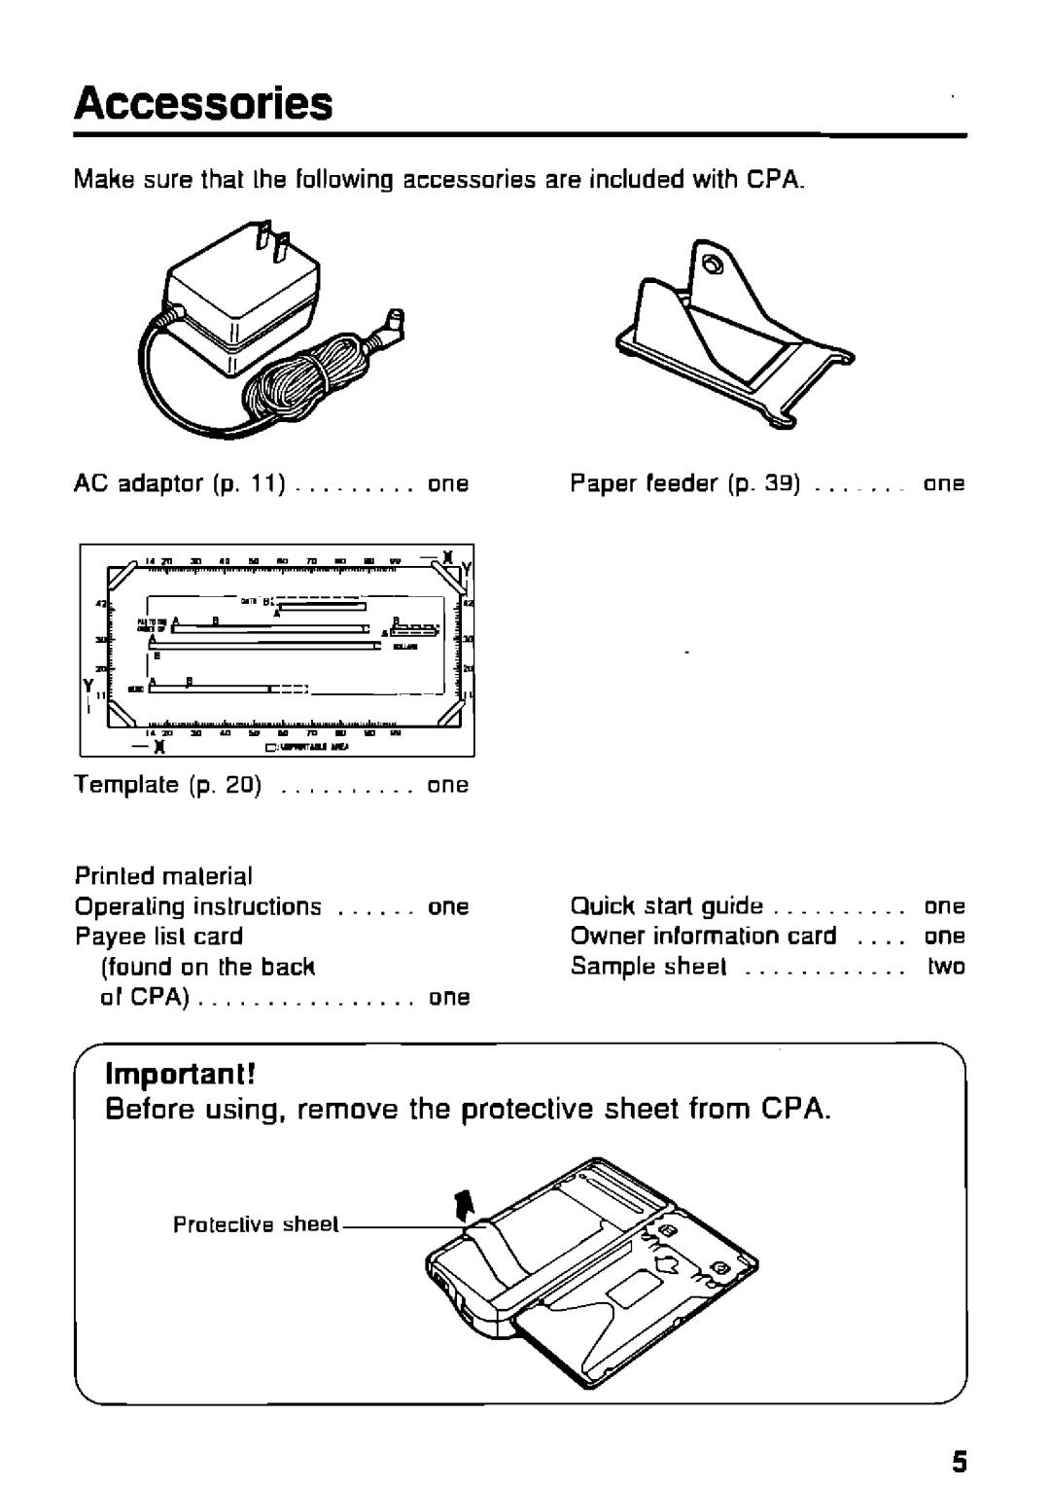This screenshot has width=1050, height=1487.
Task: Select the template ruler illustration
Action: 277,649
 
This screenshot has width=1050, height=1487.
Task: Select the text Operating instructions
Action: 198,906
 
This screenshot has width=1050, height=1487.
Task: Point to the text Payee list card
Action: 158,937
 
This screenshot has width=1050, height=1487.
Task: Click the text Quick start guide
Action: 666,906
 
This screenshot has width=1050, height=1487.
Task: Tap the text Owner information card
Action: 703,937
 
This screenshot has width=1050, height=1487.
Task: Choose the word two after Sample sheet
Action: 946,967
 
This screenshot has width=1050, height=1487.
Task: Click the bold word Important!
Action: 182,1073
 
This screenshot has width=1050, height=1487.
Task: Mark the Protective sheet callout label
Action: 256,1224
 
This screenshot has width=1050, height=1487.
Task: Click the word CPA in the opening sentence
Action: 775,181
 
